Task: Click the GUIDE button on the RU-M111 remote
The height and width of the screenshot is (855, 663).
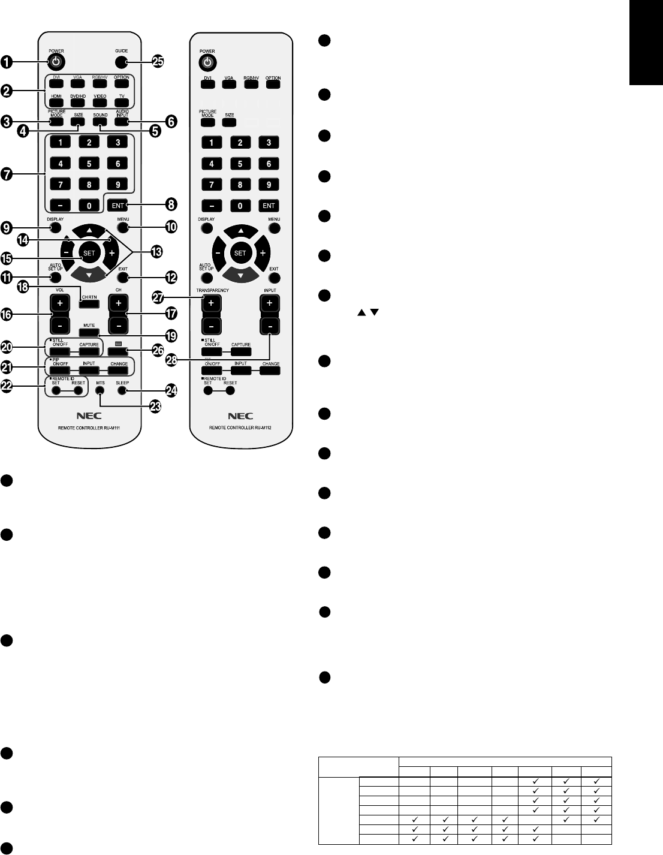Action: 122,62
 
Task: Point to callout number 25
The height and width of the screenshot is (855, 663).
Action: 157,62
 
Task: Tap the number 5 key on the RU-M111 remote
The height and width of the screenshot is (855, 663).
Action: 89,164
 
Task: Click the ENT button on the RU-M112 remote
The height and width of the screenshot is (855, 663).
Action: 269,206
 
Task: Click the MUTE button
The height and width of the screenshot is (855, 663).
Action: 89,332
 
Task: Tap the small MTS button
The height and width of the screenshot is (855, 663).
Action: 100,390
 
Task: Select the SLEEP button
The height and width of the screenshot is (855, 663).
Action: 122,390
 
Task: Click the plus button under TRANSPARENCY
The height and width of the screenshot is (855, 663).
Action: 211,303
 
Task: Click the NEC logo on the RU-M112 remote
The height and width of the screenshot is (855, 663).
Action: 240,416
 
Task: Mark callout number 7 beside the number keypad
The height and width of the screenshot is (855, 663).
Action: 7,174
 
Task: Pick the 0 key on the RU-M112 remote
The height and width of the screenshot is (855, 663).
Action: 240,206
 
